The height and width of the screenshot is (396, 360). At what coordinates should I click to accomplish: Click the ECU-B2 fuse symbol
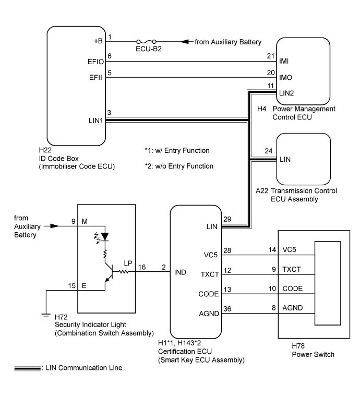click(x=146, y=41)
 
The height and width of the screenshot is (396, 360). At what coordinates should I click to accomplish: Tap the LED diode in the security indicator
click(x=104, y=237)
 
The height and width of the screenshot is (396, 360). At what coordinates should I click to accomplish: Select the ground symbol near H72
click(x=46, y=316)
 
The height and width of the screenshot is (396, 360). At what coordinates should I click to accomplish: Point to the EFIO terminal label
click(x=95, y=62)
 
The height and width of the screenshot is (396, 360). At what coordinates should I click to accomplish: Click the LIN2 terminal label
click(x=286, y=93)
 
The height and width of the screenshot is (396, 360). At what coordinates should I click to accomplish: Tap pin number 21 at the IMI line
click(x=271, y=56)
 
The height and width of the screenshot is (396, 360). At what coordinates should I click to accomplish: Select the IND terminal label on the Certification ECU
click(x=180, y=272)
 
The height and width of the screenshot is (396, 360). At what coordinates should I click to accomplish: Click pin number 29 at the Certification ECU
click(x=227, y=219)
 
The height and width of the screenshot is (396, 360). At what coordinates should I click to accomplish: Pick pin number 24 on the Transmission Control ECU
click(x=269, y=151)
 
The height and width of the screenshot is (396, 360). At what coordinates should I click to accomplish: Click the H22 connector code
click(x=45, y=150)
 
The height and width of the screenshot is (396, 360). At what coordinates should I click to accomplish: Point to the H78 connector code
click(x=298, y=346)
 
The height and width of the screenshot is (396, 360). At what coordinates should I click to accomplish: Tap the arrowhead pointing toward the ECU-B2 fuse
click(x=185, y=41)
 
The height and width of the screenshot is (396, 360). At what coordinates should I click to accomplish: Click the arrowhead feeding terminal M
click(x=55, y=226)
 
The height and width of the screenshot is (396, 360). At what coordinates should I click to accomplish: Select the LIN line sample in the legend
click(x=27, y=368)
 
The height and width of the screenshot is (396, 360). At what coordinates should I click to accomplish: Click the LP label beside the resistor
click(x=128, y=263)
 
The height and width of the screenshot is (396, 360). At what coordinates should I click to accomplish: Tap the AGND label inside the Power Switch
click(x=292, y=308)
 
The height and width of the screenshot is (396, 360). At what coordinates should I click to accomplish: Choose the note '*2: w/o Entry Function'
click(x=179, y=166)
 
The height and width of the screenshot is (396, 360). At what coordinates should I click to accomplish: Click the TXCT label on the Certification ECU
click(x=210, y=274)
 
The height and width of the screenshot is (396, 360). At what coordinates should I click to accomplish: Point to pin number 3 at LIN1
click(x=109, y=112)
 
